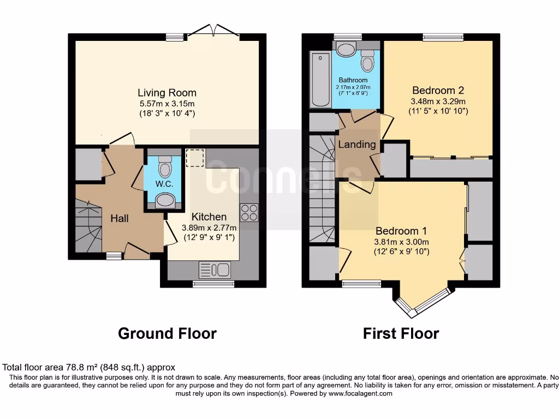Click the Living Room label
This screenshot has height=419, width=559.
pos(166,93)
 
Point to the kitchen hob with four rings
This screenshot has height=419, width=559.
pos(249,212)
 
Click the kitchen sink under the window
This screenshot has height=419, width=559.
pos(216,270)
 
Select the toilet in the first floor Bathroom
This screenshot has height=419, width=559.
pos(368,61)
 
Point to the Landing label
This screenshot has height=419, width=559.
pos(357,145)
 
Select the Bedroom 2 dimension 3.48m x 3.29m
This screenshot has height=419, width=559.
pos(438,101)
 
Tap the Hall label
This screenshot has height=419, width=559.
pos(120,218)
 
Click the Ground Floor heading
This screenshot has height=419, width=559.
pos(167,333)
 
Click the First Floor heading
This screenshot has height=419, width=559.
pos(401,333)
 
